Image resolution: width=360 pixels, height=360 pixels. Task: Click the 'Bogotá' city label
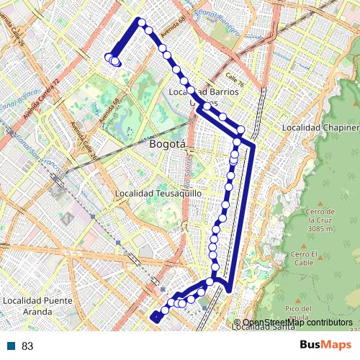pyautogui.click(x=167, y=144)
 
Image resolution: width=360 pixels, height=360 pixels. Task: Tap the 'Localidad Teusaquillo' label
pyautogui.click(x=158, y=194)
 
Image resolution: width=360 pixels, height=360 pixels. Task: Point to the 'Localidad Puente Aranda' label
pyautogui.click(x=27, y=306)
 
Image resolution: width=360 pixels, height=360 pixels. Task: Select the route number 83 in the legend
pyautogui.click(x=27, y=346)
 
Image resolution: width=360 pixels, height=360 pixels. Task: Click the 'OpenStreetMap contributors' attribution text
pyautogui.click(x=297, y=323)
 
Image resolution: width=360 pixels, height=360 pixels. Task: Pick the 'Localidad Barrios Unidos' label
pyautogui.click(x=192, y=97)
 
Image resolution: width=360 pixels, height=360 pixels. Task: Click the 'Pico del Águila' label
pyautogui.click(x=297, y=312)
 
